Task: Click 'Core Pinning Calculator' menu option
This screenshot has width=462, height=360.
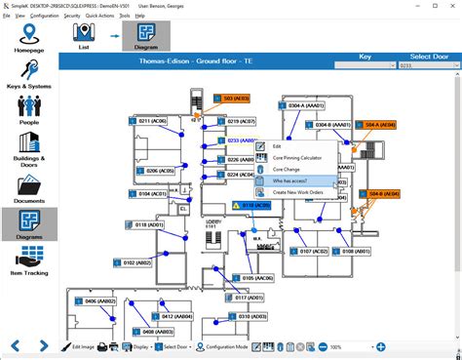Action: click(x=296, y=157)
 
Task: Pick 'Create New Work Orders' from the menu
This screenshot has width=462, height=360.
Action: click(x=298, y=192)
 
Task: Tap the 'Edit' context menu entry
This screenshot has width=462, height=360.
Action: click(x=277, y=145)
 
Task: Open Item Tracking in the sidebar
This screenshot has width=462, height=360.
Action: click(x=28, y=262)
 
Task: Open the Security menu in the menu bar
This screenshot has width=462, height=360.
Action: click(x=72, y=17)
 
